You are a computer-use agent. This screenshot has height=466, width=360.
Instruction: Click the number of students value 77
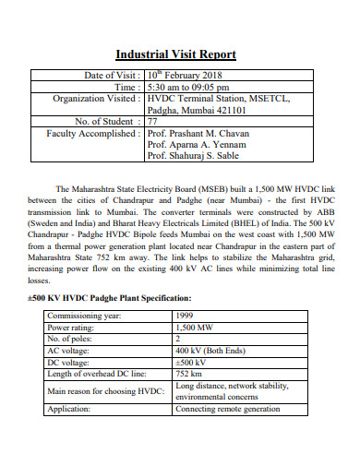pyautogui.click(x=153, y=121)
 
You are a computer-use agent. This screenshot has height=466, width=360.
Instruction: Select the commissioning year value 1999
pyautogui.click(x=185, y=316)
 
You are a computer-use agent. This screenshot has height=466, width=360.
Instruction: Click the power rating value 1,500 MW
pyautogui.click(x=195, y=327)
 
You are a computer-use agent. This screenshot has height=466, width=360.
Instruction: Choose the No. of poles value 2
pyautogui.click(x=178, y=339)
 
